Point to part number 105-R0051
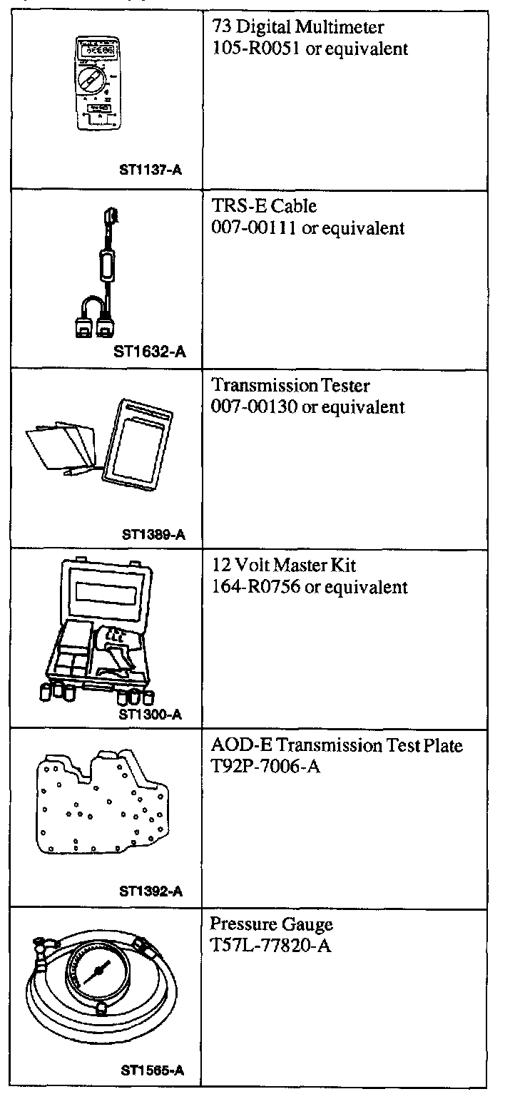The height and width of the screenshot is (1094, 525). [x=256, y=49]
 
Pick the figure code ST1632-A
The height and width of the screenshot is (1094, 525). [x=146, y=351]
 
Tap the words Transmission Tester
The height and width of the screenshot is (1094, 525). [x=291, y=386]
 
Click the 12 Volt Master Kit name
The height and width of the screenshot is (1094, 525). [x=284, y=566]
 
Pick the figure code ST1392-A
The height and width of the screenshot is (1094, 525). [x=151, y=891]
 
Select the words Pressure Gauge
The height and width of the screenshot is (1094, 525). [x=271, y=924]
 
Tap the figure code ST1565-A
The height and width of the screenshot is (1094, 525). [x=152, y=1070]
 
